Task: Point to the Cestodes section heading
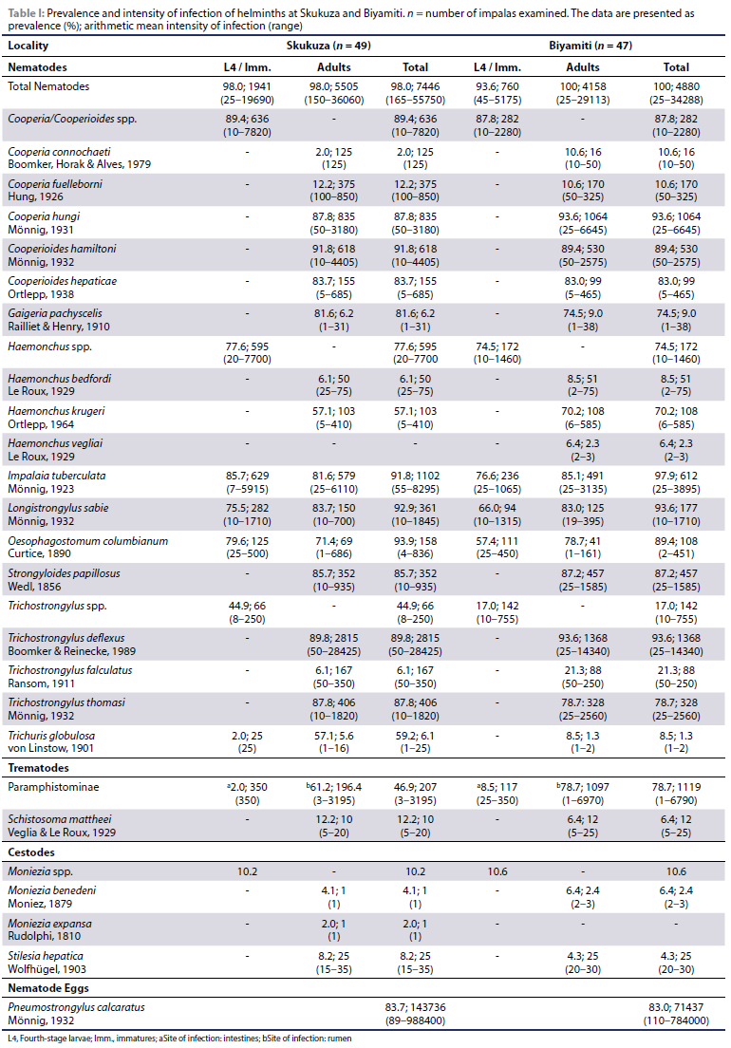click(35, 851)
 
